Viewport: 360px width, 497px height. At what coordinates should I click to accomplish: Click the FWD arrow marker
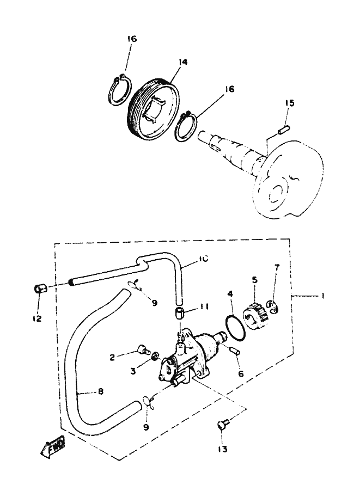(x=53, y=446)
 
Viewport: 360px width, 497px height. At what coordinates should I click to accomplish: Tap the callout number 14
(x=182, y=62)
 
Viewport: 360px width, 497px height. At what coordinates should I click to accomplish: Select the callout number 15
(x=289, y=103)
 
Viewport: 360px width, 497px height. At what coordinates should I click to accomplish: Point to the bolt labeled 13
(x=222, y=425)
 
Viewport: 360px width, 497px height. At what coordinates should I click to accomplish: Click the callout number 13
(x=223, y=449)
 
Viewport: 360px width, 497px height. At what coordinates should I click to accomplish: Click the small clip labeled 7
(x=273, y=307)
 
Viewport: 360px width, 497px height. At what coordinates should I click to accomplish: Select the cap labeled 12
(x=40, y=289)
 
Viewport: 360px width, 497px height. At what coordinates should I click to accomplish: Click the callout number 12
(x=37, y=318)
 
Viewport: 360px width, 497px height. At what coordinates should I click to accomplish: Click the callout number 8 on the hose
(x=100, y=392)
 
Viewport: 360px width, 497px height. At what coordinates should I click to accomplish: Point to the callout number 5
(x=255, y=280)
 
